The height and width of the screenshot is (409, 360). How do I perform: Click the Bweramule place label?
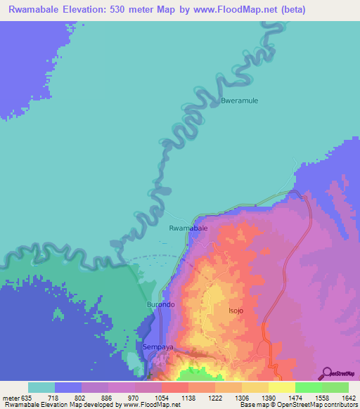(240, 100)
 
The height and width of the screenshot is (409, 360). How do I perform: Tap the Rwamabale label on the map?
(188, 228)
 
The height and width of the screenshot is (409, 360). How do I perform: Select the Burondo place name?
(160, 304)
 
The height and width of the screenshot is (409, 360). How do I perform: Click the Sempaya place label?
(157, 347)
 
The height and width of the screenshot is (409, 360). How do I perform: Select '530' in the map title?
(125, 10)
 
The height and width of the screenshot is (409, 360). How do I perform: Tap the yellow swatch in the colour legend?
(281, 387)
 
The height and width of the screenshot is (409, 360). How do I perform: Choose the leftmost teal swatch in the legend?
(41, 387)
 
